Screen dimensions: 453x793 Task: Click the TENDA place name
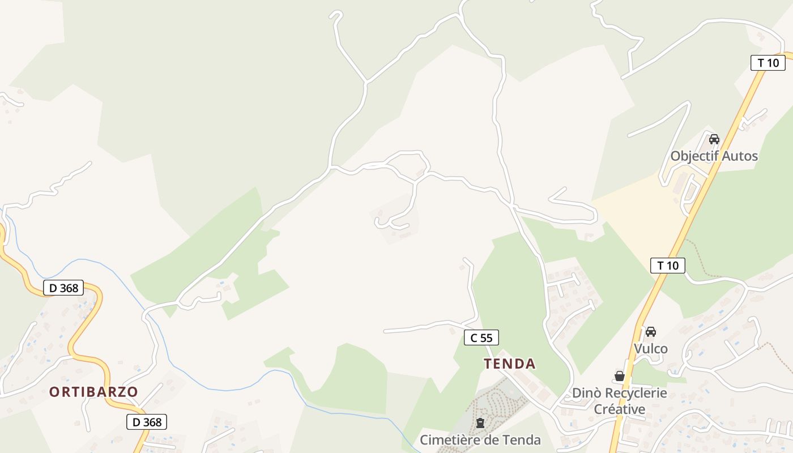pos(510,364)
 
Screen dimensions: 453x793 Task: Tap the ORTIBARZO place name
pos(93,392)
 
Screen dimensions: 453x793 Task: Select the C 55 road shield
pos(481,338)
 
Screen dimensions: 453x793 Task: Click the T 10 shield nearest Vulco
pos(668,265)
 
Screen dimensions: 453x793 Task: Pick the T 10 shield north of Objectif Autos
pos(768,63)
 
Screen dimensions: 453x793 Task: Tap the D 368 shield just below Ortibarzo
pos(147,422)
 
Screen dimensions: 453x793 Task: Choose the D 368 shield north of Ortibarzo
pos(63,288)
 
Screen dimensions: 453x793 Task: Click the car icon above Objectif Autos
pos(714,139)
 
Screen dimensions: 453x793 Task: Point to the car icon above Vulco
pos(651,332)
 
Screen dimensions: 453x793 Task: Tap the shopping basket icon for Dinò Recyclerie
pos(620,376)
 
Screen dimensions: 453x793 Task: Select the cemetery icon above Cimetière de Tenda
pos(480,422)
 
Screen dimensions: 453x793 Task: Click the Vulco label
pos(651,349)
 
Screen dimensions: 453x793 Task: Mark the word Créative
pos(619,409)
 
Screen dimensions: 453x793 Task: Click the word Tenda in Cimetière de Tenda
pos(523,440)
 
